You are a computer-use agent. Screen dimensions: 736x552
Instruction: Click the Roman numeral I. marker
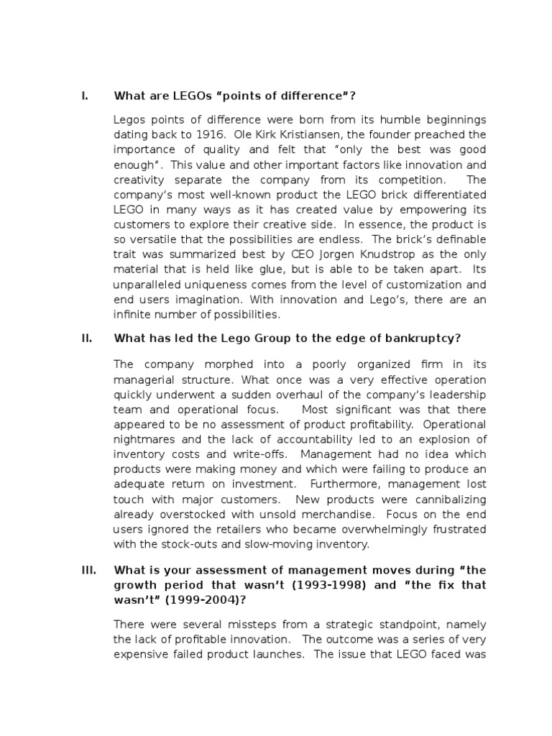[84, 96]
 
